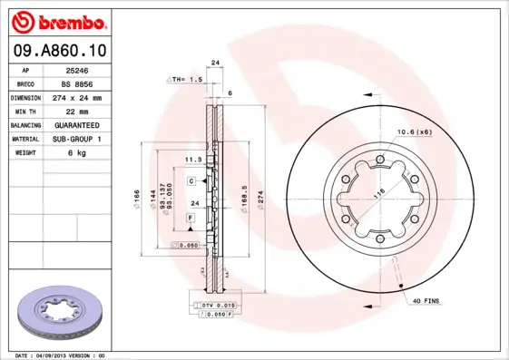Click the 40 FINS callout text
pos(426,300)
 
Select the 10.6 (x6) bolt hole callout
pos(412,132)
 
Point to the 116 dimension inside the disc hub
pos(379,191)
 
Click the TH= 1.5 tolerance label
pos(185,81)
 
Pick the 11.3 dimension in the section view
pos(192,159)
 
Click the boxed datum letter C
pos(192,181)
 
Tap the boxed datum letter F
pos(191,218)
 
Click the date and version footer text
pos(63,355)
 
